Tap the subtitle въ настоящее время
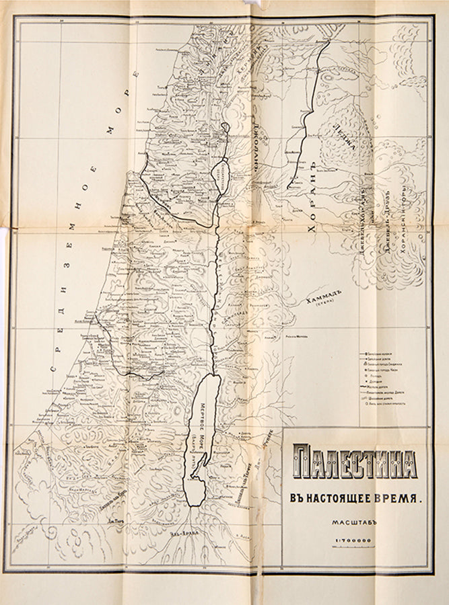click(x=355, y=499)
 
